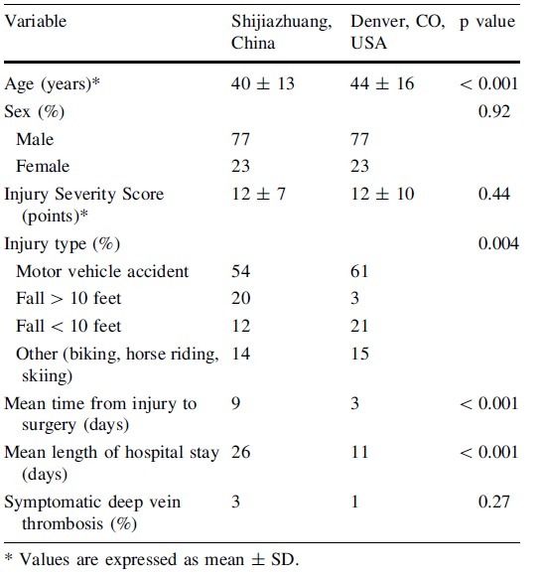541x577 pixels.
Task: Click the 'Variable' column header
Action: [x=36, y=21]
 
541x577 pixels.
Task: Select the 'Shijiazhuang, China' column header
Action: [x=281, y=32]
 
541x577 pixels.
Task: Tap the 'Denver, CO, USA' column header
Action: [x=398, y=32]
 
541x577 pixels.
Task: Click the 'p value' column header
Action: [x=487, y=22]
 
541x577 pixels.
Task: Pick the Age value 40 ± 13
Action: [x=263, y=83]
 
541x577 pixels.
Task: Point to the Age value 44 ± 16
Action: [x=382, y=83]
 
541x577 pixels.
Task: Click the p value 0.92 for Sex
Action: [x=494, y=111]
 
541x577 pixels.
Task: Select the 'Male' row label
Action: [x=35, y=139]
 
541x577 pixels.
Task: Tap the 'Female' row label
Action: [x=43, y=166]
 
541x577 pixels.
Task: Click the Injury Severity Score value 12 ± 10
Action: [x=382, y=194]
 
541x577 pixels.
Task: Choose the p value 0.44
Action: [x=494, y=194]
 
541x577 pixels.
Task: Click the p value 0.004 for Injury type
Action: [x=498, y=243]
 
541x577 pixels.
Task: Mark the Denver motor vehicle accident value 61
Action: [x=359, y=271]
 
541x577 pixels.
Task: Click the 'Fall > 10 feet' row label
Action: [x=68, y=299]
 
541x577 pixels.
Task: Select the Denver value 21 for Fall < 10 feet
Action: [x=359, y=326]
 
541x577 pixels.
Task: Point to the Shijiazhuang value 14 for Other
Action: [x=240, y=354]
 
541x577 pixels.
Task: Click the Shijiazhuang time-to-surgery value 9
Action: [x=235, y=403]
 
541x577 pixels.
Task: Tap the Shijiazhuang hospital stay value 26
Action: [x=240, y=452]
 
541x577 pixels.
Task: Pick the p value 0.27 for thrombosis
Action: [x=494, y=502]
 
